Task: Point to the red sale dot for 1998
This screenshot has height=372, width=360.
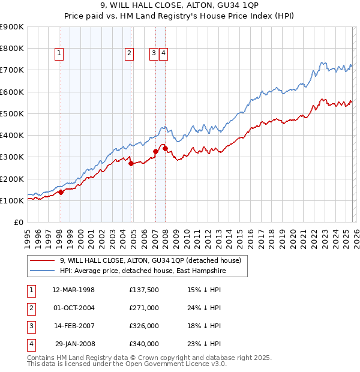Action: (x=61, y=193)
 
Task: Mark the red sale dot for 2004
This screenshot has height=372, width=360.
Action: (x=131, y=163)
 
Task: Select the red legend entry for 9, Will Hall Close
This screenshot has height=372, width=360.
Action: (x=150, y=260)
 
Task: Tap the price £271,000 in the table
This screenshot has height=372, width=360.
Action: (x=143, y=308)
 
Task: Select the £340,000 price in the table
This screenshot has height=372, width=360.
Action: (x=143, y=344)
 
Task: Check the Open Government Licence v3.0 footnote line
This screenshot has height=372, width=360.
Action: (x=127, y=364)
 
